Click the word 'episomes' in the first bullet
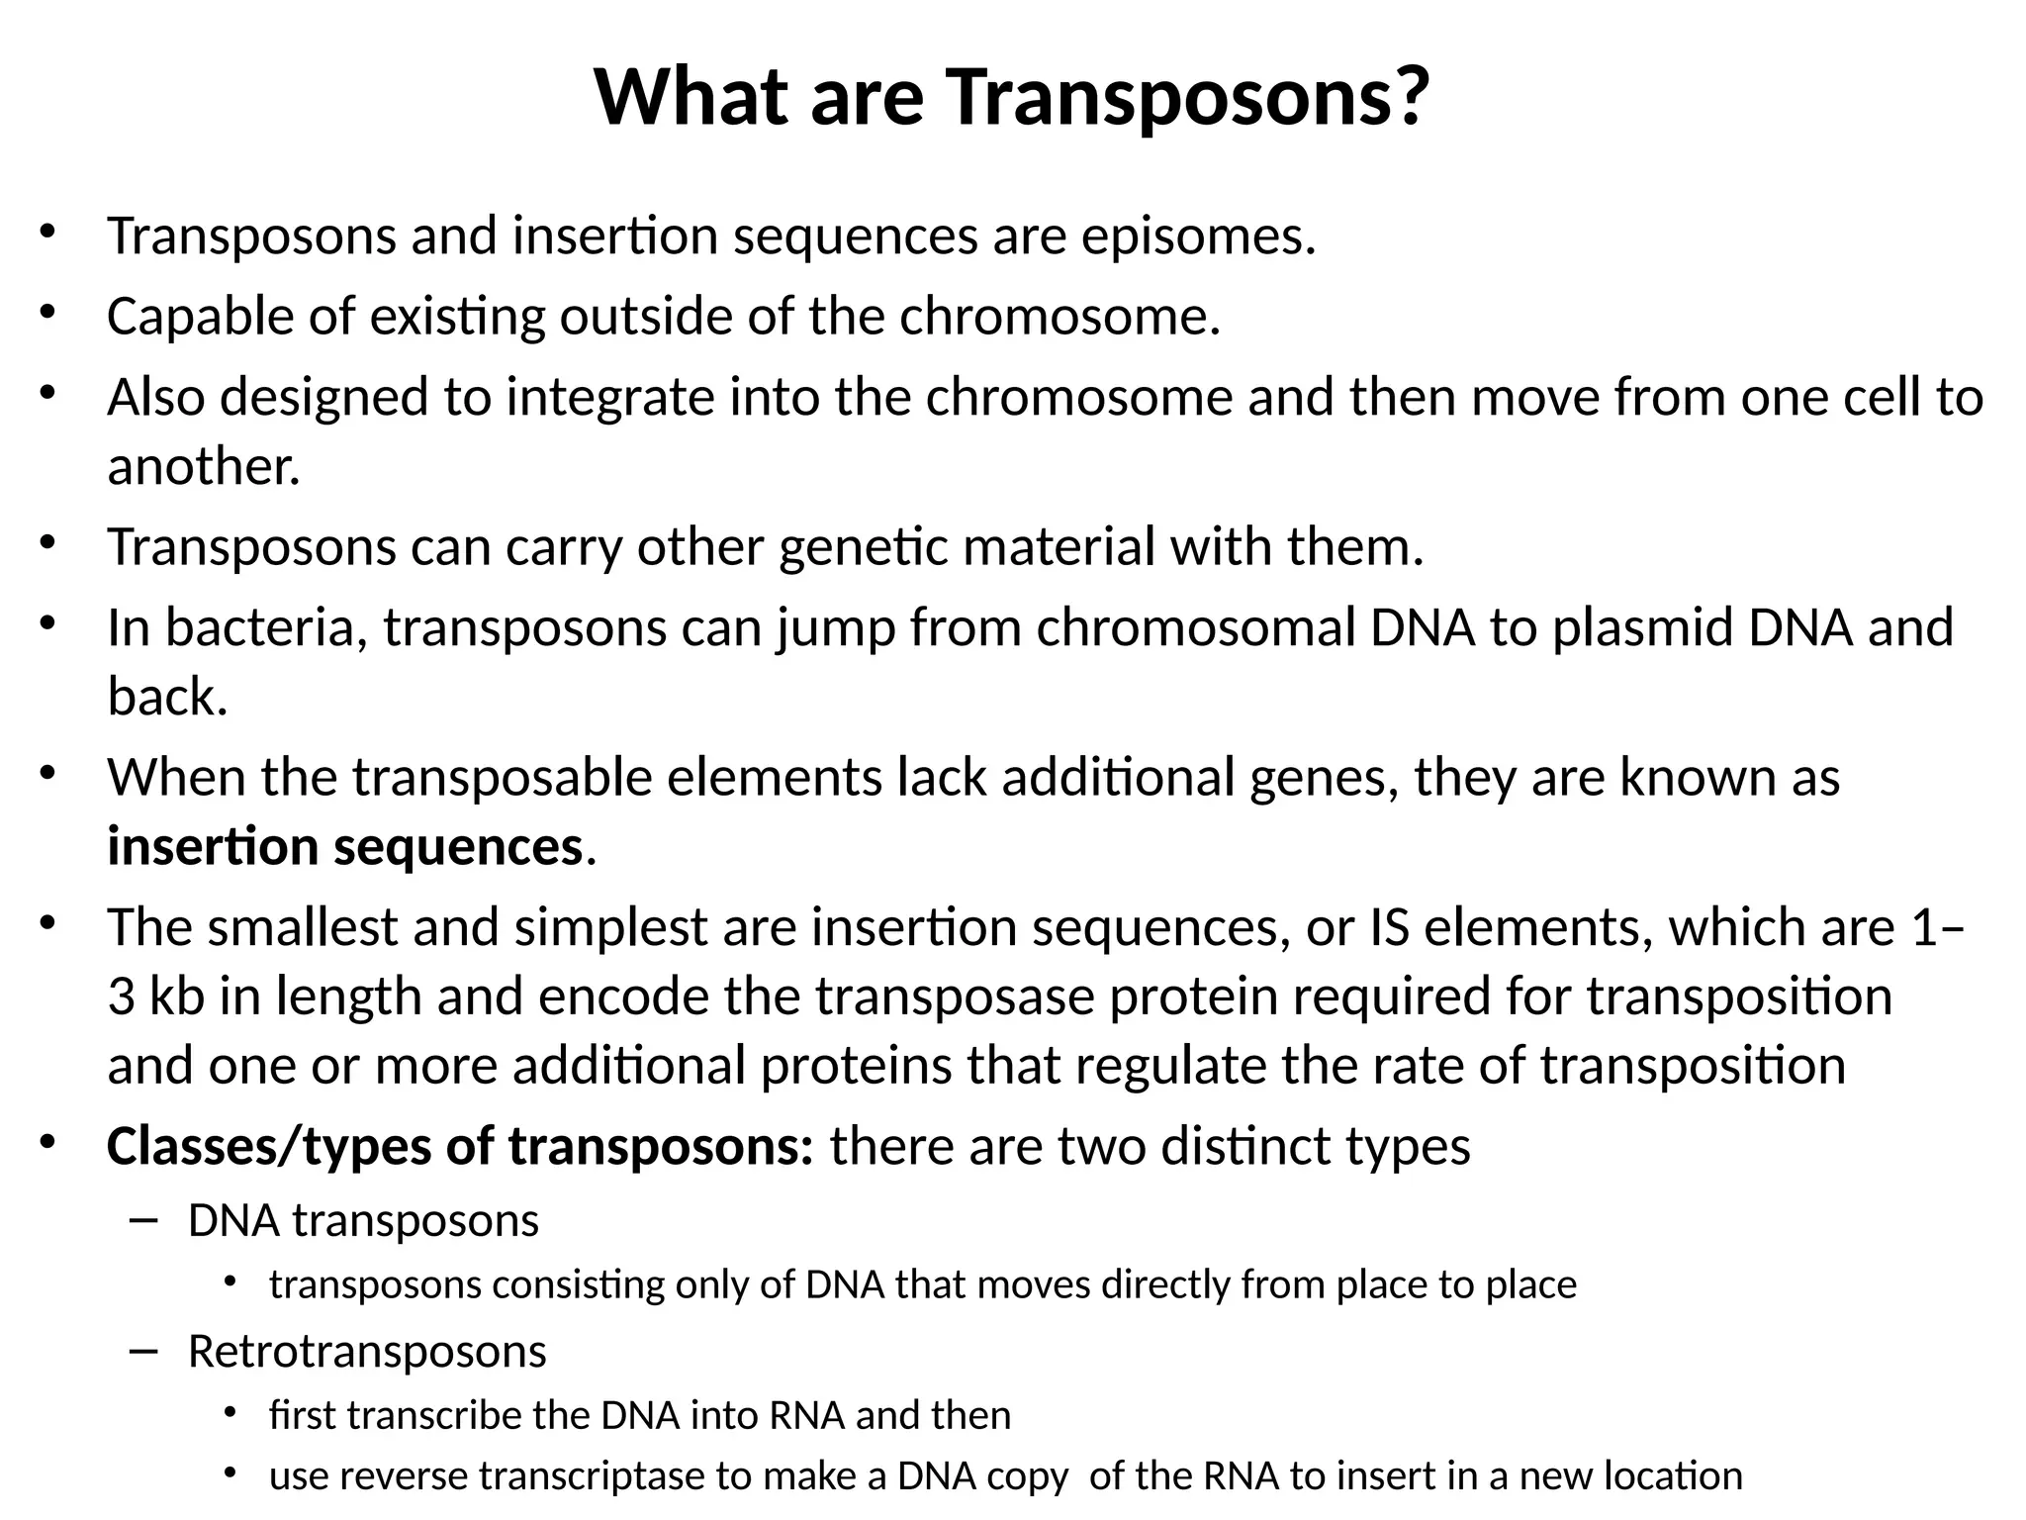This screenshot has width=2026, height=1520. click(x=1198, y=237)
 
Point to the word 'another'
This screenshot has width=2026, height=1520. click(x=203, y=466)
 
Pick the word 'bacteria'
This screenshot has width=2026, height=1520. click(x=266, y=627)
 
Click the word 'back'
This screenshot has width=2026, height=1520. click(x=166, y=697)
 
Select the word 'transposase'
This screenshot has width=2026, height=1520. click(x=955, y=997)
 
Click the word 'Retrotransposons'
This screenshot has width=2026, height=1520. click(x=367, y=1352)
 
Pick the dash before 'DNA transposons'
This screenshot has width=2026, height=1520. click(x=143, y=1221)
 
